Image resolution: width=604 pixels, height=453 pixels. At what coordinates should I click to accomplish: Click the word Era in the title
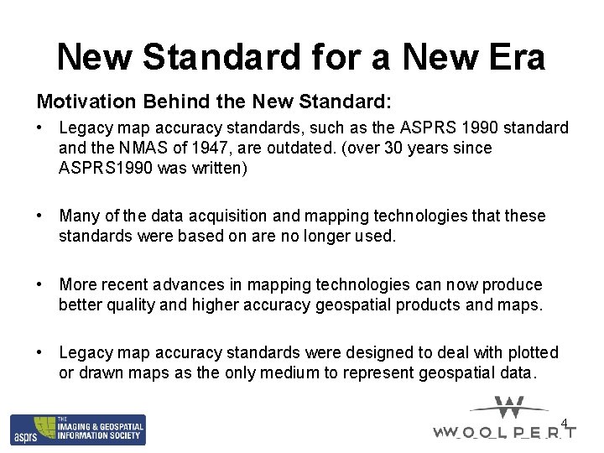(515, 57)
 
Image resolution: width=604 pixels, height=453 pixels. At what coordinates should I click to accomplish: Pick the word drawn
(101, 372)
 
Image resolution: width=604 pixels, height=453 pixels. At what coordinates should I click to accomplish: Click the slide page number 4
(565, 423)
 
